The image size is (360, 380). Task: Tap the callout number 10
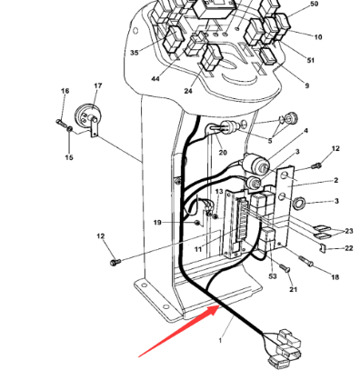click(318, 37)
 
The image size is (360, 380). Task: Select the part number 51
click(311, 60)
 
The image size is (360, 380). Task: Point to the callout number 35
click(135, 53)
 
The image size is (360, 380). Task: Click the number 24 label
click(188, 91)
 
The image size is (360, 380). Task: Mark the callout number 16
click(65, 92)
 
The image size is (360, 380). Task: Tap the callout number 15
click(67, 157)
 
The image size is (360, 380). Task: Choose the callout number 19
click(156, 222)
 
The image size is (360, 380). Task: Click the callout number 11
click(197, 247)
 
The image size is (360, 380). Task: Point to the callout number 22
click(349, 247)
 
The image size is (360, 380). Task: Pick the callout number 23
click(349, 231)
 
